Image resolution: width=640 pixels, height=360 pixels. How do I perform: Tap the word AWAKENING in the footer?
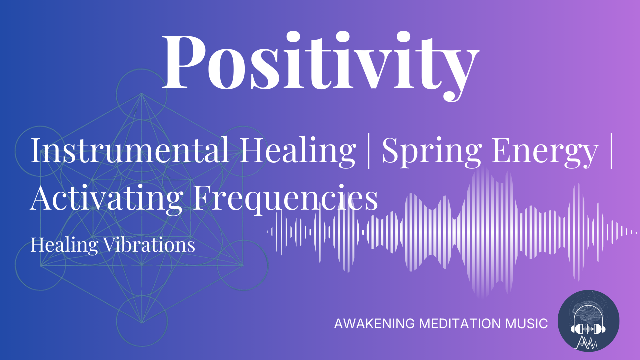[374, 323]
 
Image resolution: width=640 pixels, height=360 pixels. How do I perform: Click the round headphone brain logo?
[588, 320]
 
